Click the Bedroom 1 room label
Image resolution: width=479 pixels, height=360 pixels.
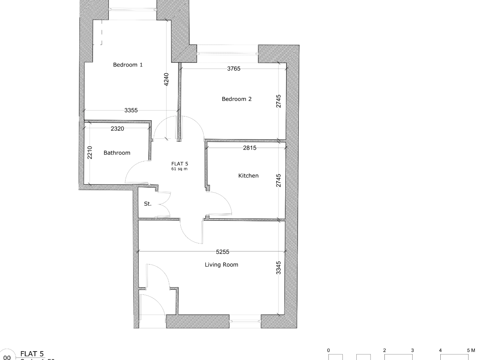128,65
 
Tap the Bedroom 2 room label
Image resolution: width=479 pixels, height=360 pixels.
237,99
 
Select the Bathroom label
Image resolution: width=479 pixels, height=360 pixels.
117,153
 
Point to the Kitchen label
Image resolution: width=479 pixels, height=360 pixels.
248,175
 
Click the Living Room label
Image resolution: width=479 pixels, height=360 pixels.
221,265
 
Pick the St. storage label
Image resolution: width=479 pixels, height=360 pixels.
147,204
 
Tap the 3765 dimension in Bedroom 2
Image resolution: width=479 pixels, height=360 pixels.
234,69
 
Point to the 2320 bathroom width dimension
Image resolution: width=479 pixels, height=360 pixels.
117,129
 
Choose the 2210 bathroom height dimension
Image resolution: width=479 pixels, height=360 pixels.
89,153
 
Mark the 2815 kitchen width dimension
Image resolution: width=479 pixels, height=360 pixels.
250,148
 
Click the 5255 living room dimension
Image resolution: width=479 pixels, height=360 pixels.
223,252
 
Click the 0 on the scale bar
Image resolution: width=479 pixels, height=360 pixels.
329,350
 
